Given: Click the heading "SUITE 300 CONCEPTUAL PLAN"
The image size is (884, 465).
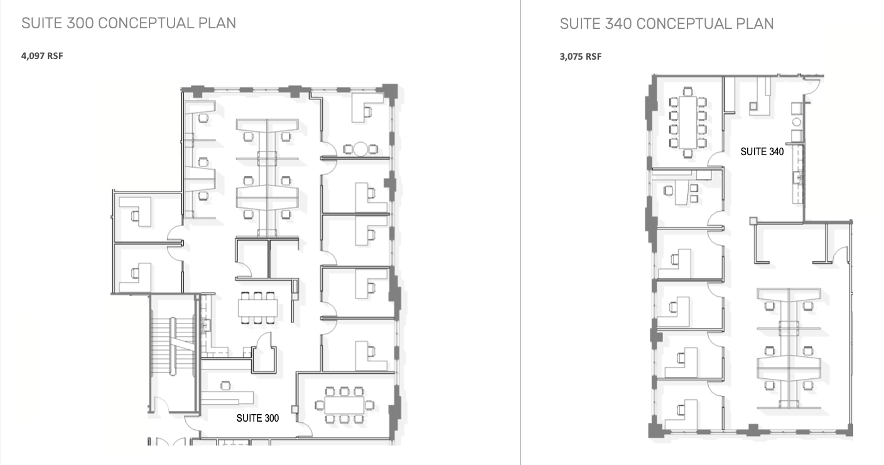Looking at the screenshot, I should [129, 23].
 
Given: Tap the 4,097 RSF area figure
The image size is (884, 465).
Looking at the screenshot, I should [42, 56].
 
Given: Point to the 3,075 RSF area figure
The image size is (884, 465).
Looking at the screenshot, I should [580, 57].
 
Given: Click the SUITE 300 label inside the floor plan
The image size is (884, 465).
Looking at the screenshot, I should [257, 417].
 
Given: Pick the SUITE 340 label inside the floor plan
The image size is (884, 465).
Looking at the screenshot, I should [762, 151].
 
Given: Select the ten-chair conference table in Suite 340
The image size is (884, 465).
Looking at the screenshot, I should [687, 122].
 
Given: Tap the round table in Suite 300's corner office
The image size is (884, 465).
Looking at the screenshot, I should [360, 149].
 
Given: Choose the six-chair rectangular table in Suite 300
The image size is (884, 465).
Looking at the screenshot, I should [257, 309].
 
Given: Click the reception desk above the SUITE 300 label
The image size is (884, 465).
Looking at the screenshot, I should [227, 398].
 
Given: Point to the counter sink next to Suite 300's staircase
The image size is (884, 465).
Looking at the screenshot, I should [205, 324].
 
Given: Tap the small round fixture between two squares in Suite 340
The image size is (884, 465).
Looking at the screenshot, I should [796, 122].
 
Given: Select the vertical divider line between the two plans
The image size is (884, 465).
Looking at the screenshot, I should [520, 232].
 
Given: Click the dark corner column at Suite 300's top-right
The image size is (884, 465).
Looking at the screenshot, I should [390, 91].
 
